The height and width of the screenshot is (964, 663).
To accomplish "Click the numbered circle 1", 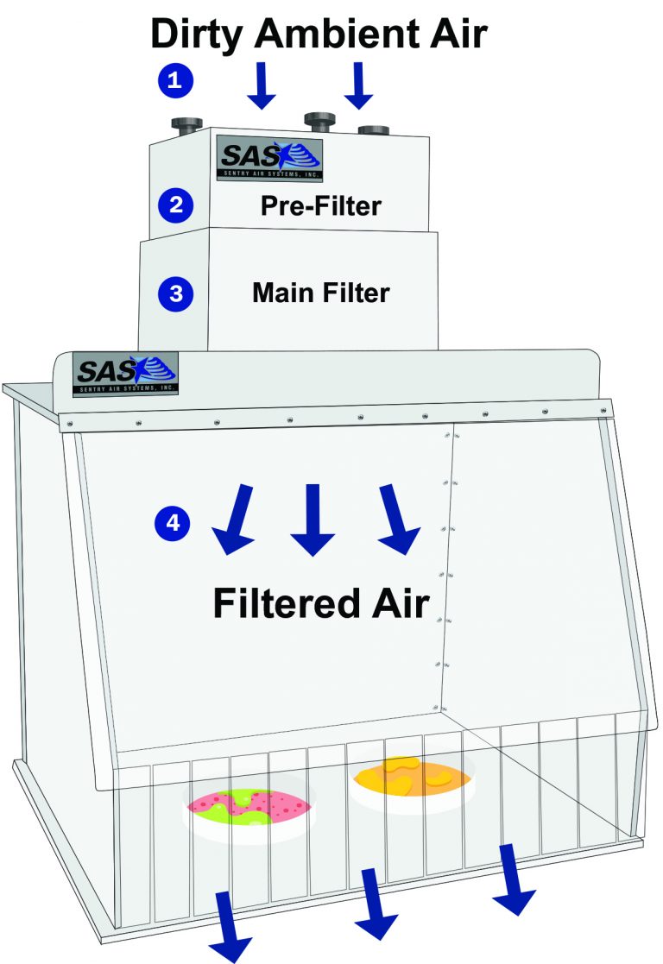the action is (x=175, y=80).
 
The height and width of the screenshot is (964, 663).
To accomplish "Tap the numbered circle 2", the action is (x=176, y=205).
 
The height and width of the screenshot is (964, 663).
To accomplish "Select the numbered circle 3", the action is (x=176, y=294).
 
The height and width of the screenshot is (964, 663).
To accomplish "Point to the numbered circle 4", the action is (x=173, y=523).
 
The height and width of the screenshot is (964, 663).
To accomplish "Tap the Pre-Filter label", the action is (x=321, y=205).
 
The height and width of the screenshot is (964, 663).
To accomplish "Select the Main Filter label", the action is (x=321, y=293).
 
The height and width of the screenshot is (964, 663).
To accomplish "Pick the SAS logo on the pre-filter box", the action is (x=269, y=159).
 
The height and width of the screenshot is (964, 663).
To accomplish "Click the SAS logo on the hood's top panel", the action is (x=125, y=374).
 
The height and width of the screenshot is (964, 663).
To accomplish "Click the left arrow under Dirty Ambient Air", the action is (x=262, y=85).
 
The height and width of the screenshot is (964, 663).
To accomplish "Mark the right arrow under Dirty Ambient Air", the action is (x=359, y=85).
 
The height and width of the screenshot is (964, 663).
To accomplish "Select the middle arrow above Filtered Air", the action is (x=313, y=520).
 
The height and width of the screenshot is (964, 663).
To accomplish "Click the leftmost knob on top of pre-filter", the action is (x=186, y=125).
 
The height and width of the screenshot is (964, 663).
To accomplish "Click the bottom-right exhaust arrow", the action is (x=513, y=879).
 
